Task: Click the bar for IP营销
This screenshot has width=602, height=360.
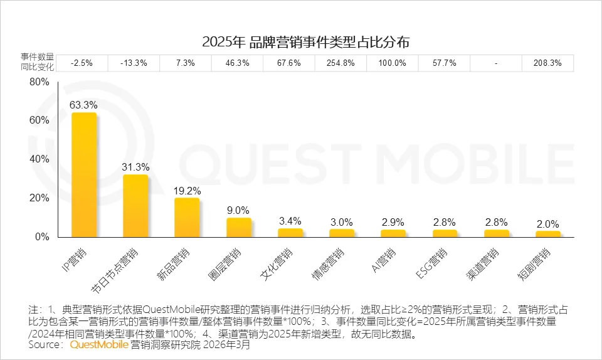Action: coord(84,175)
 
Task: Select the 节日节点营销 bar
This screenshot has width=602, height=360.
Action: coord(135,206)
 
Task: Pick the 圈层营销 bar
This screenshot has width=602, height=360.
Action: coord(239,228)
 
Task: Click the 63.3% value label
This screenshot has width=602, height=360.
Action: coord(84,104)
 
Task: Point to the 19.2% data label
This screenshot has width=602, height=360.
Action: coord(187,190)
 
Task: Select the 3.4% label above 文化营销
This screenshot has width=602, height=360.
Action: coord(290,220)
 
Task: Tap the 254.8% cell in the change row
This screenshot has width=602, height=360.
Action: coord(341,63)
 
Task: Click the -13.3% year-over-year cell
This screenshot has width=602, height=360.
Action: coord(135,63)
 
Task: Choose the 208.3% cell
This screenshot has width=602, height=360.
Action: coord(547,63)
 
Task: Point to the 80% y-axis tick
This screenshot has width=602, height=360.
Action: coord(40,82)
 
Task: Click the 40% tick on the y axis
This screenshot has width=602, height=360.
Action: coord(40,159)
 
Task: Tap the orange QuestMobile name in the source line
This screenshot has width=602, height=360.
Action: coord(98,344)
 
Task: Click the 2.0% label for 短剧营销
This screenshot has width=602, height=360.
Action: coord(548,224)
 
